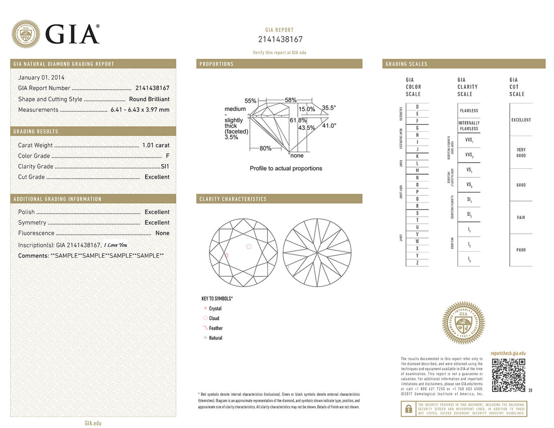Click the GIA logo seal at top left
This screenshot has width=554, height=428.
coord(26,34)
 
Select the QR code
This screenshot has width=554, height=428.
coord(509,375)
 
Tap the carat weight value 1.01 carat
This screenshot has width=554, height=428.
coord(156,146)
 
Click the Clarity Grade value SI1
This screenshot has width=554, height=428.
coord(165,166)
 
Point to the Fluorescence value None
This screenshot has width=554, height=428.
coord(162,233)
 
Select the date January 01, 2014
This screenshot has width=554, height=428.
coord(41,78)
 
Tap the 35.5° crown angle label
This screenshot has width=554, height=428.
coord(329,108)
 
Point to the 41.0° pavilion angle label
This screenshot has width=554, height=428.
coord(329,126)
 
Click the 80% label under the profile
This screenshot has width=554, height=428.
coord(265,149)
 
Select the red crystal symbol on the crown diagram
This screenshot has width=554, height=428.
coord(227,255)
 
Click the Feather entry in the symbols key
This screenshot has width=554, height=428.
coord(216,328)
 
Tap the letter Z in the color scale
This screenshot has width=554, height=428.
coord(417,263)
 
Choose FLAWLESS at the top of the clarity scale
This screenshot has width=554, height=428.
coord(469,111)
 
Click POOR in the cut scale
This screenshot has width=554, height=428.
coord(521,250)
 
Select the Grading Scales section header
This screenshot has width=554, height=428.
coord(406,64)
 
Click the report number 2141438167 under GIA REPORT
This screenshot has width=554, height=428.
coord(280,40)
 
